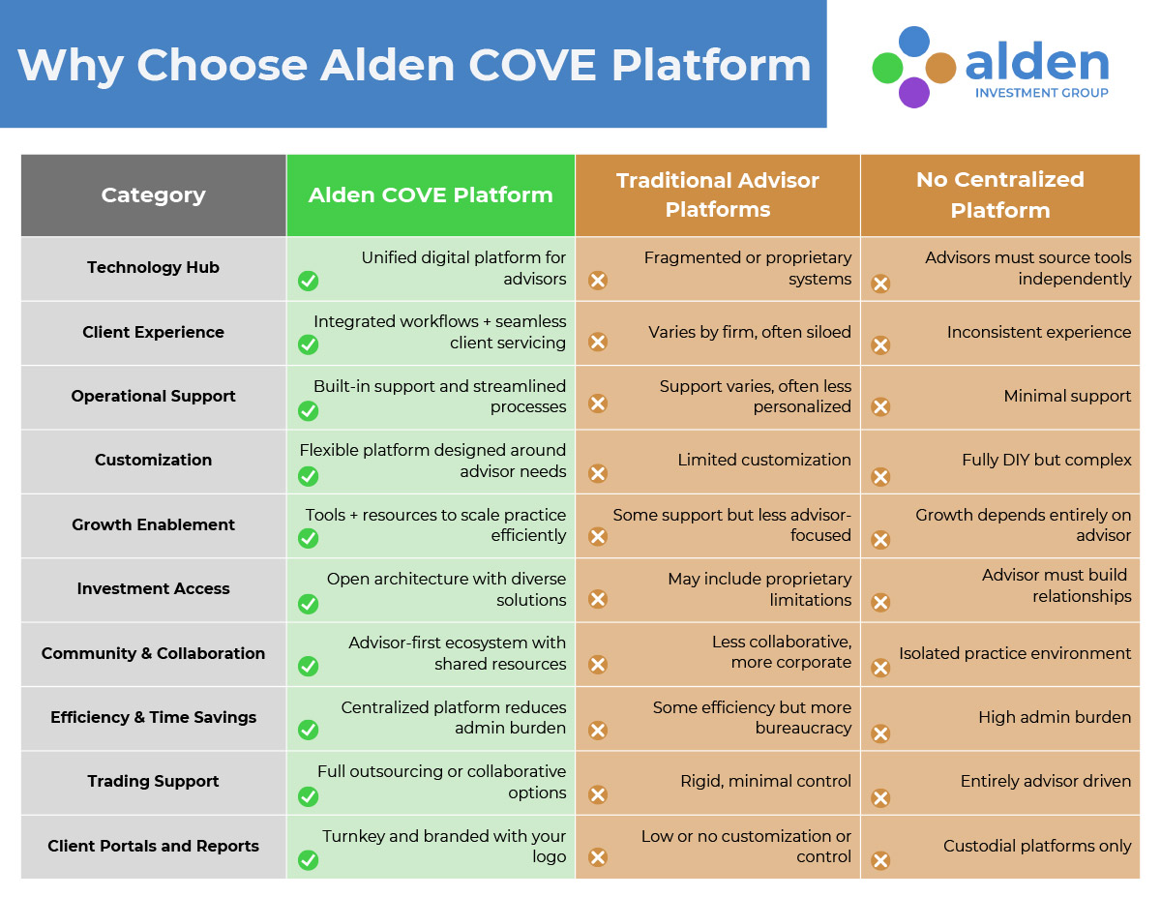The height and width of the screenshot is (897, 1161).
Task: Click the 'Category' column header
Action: coord(153,194)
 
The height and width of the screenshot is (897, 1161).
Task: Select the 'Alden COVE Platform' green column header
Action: coord(431,194)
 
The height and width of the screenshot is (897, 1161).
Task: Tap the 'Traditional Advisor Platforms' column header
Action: coord(718,194)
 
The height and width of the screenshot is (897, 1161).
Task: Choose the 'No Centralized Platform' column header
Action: coord(999,194)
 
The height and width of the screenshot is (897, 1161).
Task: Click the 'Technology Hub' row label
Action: coord(153,267)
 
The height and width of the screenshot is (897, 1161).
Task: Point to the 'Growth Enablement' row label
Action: coord(153,524)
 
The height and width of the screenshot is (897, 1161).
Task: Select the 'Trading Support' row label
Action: coord(153,781)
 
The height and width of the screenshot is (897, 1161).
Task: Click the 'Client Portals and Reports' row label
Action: coord(153,846)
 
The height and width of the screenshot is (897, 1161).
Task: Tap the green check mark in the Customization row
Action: coord(308,475)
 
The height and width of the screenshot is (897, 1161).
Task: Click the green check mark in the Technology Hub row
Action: coord(308,281)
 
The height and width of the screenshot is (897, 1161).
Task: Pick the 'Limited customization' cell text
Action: coord(764,460)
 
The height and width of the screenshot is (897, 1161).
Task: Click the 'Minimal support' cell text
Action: coord(1067,396)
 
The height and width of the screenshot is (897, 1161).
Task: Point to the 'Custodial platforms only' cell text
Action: coord(1037,846)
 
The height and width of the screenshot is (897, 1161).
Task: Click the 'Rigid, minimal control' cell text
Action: coord(765,781)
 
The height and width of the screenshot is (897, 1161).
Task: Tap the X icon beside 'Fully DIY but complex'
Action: coord(880,476)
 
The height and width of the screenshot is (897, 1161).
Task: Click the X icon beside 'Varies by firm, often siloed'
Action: coord(598,342)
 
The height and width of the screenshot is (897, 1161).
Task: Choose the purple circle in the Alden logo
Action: coord(913,93)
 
